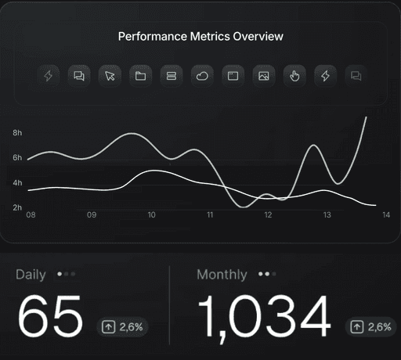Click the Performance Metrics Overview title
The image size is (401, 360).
pos(200,37)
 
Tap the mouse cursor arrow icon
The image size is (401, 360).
pos(110,76)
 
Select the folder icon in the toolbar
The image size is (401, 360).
pos(141,76)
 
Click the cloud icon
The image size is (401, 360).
pos(202,76)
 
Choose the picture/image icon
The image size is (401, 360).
pos(264,76)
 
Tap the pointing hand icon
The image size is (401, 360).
pos(294,76)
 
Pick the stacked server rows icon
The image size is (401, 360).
pos(172,76)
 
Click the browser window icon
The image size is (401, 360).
pos(233,76)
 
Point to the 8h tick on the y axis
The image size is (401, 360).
pos(17,133)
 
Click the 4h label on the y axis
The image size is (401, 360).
pos(17,183)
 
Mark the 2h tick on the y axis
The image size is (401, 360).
pos(17,207)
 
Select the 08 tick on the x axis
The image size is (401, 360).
pos(31,215)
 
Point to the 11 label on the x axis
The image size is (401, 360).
pos(210,215)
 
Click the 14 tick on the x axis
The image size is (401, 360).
pos(386,215)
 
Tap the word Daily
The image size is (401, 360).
pos(31,275)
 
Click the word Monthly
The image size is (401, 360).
pos(222,275)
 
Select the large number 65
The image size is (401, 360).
pos(50,315)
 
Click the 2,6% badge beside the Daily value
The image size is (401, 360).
pos(122,327)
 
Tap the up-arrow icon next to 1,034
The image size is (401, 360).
pos(357,327)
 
